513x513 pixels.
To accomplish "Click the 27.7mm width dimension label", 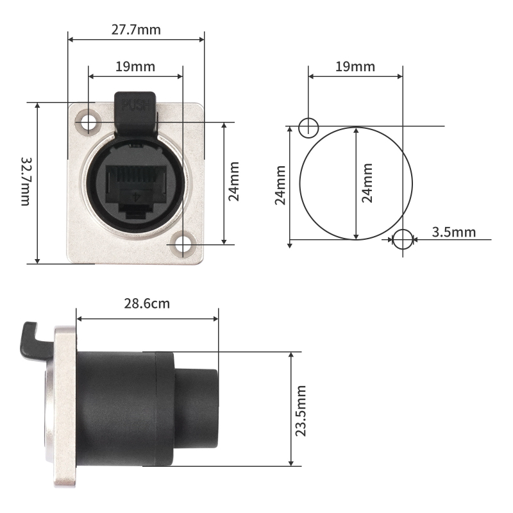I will click(136, 29).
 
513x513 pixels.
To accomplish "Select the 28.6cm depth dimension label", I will click(147, 303).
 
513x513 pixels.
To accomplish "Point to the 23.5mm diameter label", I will click(301, 410).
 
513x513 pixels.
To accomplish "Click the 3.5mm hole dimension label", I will click(454, 231).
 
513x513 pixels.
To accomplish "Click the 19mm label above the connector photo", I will click(135, 66).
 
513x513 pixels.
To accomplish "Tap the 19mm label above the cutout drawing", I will click(355, 66).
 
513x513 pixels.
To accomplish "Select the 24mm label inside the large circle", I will click(367, 183).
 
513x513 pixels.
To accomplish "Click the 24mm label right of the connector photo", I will click(235, 181).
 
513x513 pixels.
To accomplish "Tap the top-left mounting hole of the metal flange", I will click(86, 121).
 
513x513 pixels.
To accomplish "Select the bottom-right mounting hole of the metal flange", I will click(185, 244).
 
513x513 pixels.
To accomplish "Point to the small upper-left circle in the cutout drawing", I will click(308, 126).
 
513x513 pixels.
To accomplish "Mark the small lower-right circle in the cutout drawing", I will click(403, 240).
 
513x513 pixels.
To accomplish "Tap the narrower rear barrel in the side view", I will click(198, 408).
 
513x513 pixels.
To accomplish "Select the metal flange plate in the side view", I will click(65, 410).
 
